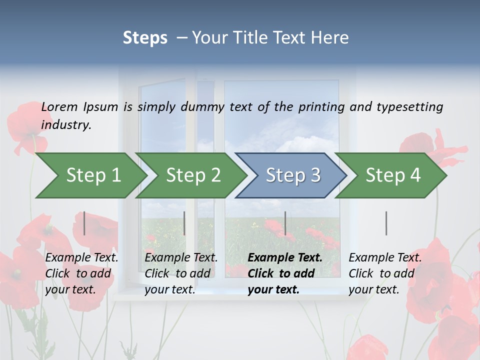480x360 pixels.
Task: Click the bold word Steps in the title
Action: click(x=145, y=38)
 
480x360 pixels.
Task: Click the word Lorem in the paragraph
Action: click(x=59, y=107)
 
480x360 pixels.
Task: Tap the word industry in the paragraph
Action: click(x=66, y=125)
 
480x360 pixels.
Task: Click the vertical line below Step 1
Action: click(x=84, y=223)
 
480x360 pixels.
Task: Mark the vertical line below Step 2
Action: click(x=184, y=223)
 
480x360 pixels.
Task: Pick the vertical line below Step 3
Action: click(x=285, y=223)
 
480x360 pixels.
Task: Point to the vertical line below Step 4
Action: click(x=386, y=223)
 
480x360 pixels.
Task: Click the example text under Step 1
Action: click(x=81, y=273)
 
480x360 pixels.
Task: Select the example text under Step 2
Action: click(x=181, y=273)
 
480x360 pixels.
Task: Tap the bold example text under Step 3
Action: click(x=285, y=273)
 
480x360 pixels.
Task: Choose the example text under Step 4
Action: click(x=385, y=273)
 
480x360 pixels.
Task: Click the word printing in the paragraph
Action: click(x=320, y=107)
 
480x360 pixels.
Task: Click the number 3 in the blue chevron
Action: click(x=315, y=175)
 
